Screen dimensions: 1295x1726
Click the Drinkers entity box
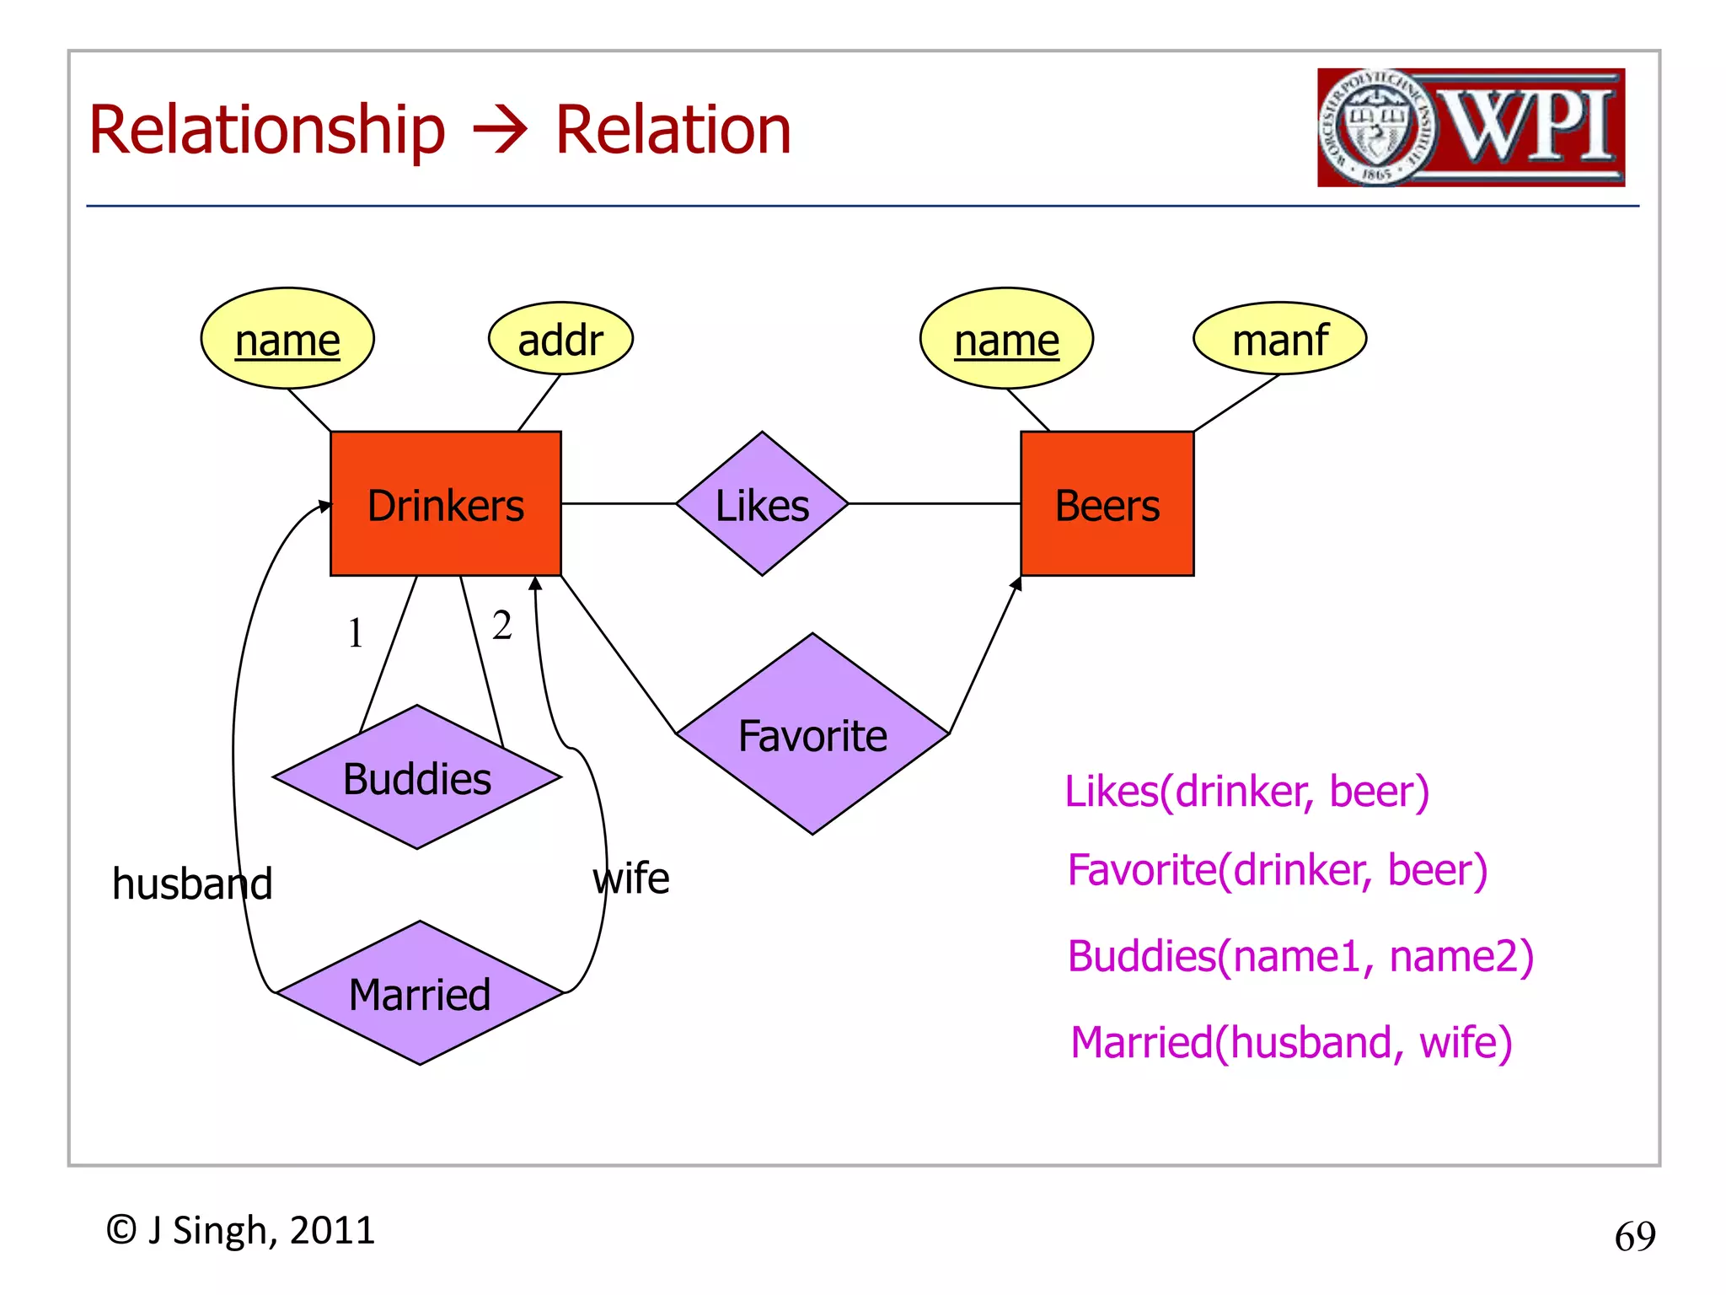coord(445,504)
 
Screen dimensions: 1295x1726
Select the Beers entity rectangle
coord(1107,504)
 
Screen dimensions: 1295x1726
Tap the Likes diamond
coord(762,504)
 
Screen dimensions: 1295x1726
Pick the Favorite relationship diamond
coord(812,734)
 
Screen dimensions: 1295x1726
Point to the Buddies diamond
coord(417,777)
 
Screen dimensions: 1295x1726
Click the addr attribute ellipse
coord(560,339)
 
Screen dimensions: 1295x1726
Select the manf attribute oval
coord(1279,339)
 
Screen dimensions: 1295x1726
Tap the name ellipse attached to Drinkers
coord(287,339)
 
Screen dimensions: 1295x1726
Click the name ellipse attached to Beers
coord(1006,339)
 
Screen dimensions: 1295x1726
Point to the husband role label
coord(192,884)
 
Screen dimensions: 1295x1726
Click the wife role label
coord(631,879)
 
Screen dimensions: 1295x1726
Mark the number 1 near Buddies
coord(356,632)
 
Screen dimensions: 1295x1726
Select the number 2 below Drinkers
coord(502,626)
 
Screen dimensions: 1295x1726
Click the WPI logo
coord(1471,127)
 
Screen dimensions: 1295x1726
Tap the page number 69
coord(1634,1236)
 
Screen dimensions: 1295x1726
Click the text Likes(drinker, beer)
coord(1246,791)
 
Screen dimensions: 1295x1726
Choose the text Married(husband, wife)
coord(1291,1042)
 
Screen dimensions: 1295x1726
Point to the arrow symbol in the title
coord(500,131)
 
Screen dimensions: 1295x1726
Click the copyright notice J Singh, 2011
coord(240,1230)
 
